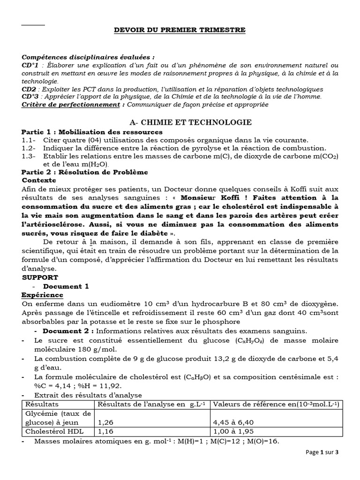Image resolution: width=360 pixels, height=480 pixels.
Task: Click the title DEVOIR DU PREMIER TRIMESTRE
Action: tap(180, 30)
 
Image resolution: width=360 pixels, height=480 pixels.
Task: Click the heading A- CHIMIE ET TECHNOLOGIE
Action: tap(190, 122)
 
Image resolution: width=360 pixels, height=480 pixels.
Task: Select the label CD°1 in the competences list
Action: tap(30, 66)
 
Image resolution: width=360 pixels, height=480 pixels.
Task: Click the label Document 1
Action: tap(66, 286)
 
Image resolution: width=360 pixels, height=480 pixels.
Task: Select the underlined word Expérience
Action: tap(42, 295)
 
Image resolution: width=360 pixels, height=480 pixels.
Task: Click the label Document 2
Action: tap(66, 331)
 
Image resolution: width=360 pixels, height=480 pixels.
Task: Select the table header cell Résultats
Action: tap(42, 404)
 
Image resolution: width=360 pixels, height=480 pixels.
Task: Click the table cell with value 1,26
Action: tap(105, 421)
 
